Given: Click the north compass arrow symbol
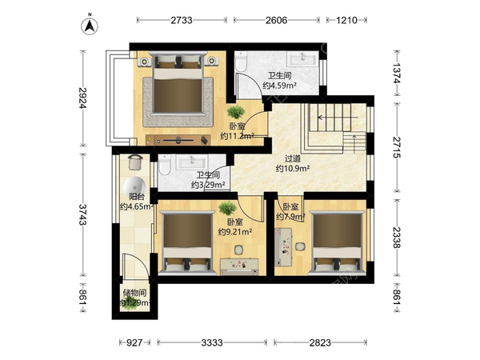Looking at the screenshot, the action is pos(90,25).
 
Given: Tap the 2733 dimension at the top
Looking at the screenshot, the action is pos(182,20).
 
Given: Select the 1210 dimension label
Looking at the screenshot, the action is pos(346,20).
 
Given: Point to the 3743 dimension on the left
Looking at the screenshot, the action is pos(82,214).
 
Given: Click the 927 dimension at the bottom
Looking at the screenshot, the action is pos(134,342).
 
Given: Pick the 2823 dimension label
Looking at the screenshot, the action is pos(320,342).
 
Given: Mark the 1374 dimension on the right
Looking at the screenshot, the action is pos(397,73).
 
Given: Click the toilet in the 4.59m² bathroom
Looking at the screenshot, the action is pos(241,62).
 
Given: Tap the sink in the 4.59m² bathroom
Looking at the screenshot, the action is pos(302,58).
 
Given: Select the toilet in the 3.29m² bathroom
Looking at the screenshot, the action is pos(164,165).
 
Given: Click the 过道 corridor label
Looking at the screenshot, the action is pos(293,158).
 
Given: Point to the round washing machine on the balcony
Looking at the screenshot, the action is pos(134,186).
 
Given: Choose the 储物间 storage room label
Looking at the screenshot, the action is pos(134,293).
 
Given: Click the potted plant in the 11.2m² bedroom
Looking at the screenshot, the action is pos(236,112).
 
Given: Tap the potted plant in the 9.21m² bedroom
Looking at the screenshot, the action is pos(227,208).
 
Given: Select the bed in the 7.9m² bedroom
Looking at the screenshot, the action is pos(338,242).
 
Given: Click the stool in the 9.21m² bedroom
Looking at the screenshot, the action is pos(238,250).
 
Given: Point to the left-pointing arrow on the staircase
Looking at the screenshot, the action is pos(338,118).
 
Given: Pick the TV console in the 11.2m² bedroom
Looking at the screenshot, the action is pos(178,140).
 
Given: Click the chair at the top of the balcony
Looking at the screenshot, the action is pos(135,162).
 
